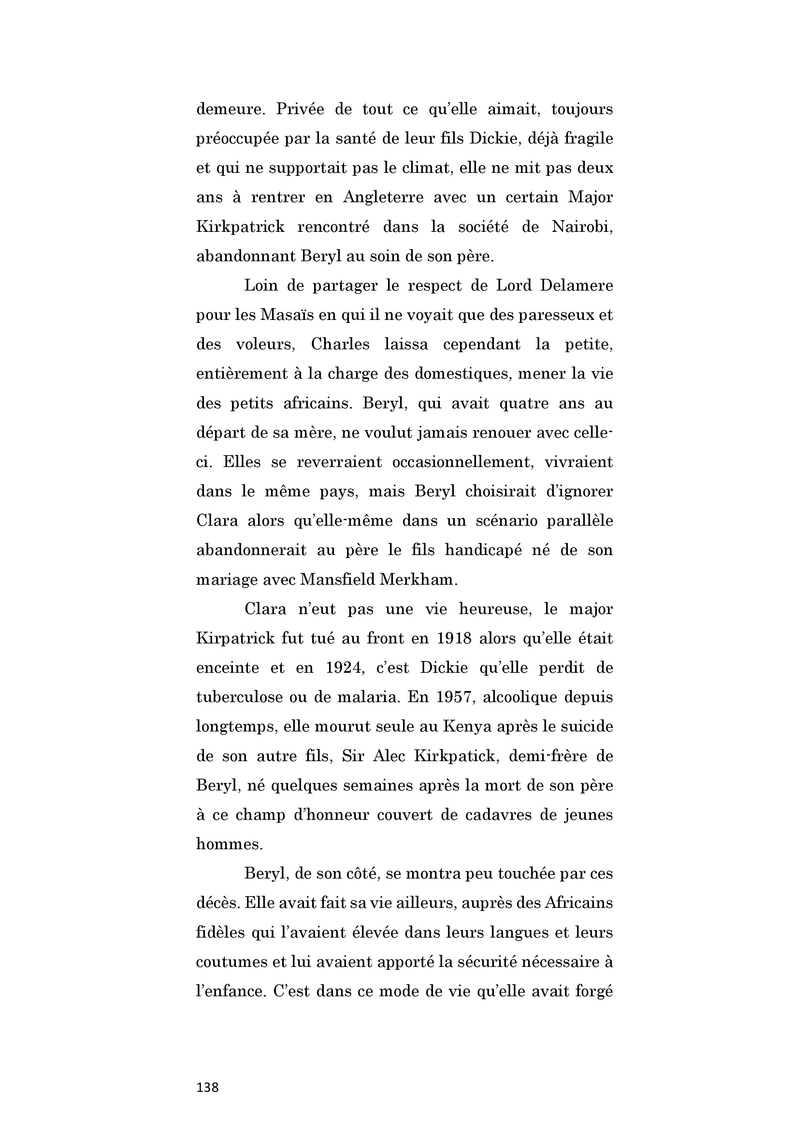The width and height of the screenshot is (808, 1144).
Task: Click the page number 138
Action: point(208,1087)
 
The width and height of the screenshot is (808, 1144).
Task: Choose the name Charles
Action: point(340,345)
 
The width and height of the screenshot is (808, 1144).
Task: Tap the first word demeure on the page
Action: point(231,110)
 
